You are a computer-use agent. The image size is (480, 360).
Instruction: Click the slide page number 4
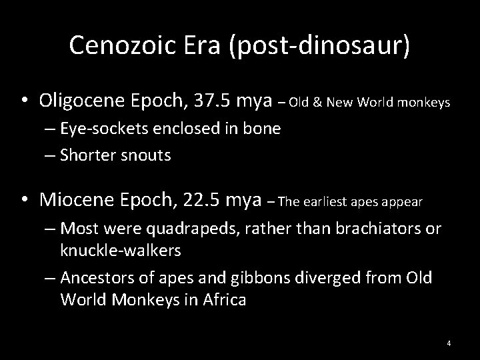pyautogui.click(x=449, y=343)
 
